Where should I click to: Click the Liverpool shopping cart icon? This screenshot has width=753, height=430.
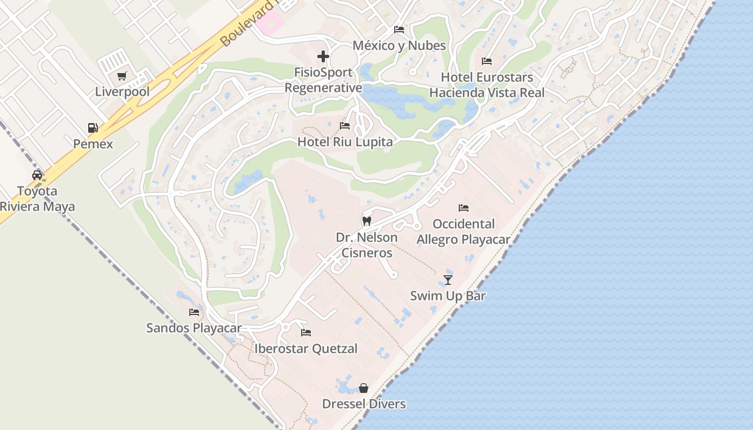tap(122, 76)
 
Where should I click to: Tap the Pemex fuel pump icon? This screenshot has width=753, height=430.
tap(93, 128)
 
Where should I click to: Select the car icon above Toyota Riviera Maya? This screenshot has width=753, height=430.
tap(37, 175)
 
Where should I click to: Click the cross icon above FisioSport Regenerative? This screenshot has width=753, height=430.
tap(323, 56)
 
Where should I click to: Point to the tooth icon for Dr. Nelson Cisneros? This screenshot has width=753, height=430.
tap(367, 221)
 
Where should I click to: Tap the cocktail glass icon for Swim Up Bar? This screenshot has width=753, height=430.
tap(448, 279)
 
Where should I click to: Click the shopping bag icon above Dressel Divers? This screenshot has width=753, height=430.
tap(364, 388)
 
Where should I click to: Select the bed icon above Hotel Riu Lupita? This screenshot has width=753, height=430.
tap(345, 126)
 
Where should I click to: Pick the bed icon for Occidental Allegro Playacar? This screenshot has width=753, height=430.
tap(464, 207)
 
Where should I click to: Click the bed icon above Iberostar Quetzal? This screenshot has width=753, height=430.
tap(306, 332)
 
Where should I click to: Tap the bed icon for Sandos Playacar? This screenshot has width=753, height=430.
tap(194, 312)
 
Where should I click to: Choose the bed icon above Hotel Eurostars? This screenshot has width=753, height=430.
tap(487, 61)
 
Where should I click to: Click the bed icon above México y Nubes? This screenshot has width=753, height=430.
tap(399, 29)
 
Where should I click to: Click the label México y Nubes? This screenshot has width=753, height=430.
tap(399, 45)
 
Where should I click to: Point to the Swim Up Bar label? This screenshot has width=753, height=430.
tap(448, 296)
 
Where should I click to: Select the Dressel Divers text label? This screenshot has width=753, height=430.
tap(364, 404)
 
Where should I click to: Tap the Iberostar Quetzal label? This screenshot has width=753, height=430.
tap(306, 348)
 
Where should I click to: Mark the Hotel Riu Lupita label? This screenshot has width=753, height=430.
tap(345, 142)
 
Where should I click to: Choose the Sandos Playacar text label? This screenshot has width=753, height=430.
tap(194, 328)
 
